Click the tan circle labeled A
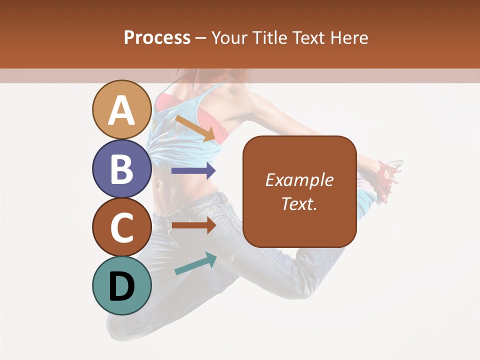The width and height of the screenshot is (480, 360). (x=121, y=109)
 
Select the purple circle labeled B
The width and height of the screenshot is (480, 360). (x=121, y=168)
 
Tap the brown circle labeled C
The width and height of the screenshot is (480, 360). (x=121, y=227)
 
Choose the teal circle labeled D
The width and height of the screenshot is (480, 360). (x=121, y=285)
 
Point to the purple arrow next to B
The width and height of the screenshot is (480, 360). (x=193, y=171)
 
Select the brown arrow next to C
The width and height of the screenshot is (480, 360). (x=193, y=225)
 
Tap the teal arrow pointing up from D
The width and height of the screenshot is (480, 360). (x=195, y=263)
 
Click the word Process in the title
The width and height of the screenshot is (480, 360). (x=157, y=37)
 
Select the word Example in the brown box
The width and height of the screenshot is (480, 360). (x=299, y=180)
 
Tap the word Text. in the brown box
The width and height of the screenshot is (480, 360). (x=299, y=203)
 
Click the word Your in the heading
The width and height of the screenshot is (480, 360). (x=230, y=37)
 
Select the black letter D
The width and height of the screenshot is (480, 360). (x=121, y=286)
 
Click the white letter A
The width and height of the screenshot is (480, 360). (x=121, y=110)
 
